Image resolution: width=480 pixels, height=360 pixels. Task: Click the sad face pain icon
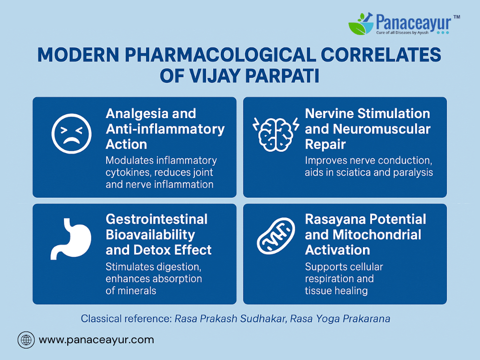coord(72,134)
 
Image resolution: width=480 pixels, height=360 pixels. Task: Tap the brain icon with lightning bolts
coord(276,134)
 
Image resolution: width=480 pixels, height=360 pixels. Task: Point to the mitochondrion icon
coord(276,236)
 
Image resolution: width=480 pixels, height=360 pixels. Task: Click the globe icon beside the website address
coord(26,340)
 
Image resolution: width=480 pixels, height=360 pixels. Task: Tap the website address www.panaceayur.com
coord(96,340)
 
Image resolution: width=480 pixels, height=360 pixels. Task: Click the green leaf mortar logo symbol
coord(361,24)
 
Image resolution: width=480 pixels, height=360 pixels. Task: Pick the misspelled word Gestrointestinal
coord(156,219)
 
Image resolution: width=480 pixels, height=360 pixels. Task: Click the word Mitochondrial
coord(377,235)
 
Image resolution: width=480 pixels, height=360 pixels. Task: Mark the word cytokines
coord(128,173)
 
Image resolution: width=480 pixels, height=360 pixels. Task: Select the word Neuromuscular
coord(382,129)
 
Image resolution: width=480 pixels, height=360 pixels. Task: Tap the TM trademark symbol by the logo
coord(456,17)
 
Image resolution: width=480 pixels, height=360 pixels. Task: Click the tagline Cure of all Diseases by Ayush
coord(402,33)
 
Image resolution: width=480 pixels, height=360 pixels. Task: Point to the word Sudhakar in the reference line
coord(263,319)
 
